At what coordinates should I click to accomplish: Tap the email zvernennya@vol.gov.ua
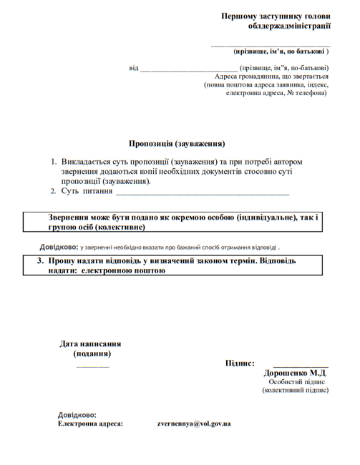[x=194, y=424]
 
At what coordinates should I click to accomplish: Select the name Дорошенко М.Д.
[x=295, y=373]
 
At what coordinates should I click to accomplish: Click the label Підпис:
[x=240, y=363]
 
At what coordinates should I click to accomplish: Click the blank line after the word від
[x=188, y=69]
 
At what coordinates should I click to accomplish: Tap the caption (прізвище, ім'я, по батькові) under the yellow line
[x=281, y=52]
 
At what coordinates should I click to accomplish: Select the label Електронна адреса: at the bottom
[x=90, y=424]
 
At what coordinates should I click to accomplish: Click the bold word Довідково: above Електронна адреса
[x=77, y=415]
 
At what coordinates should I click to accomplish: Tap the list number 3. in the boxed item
[x=41, y=261]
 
